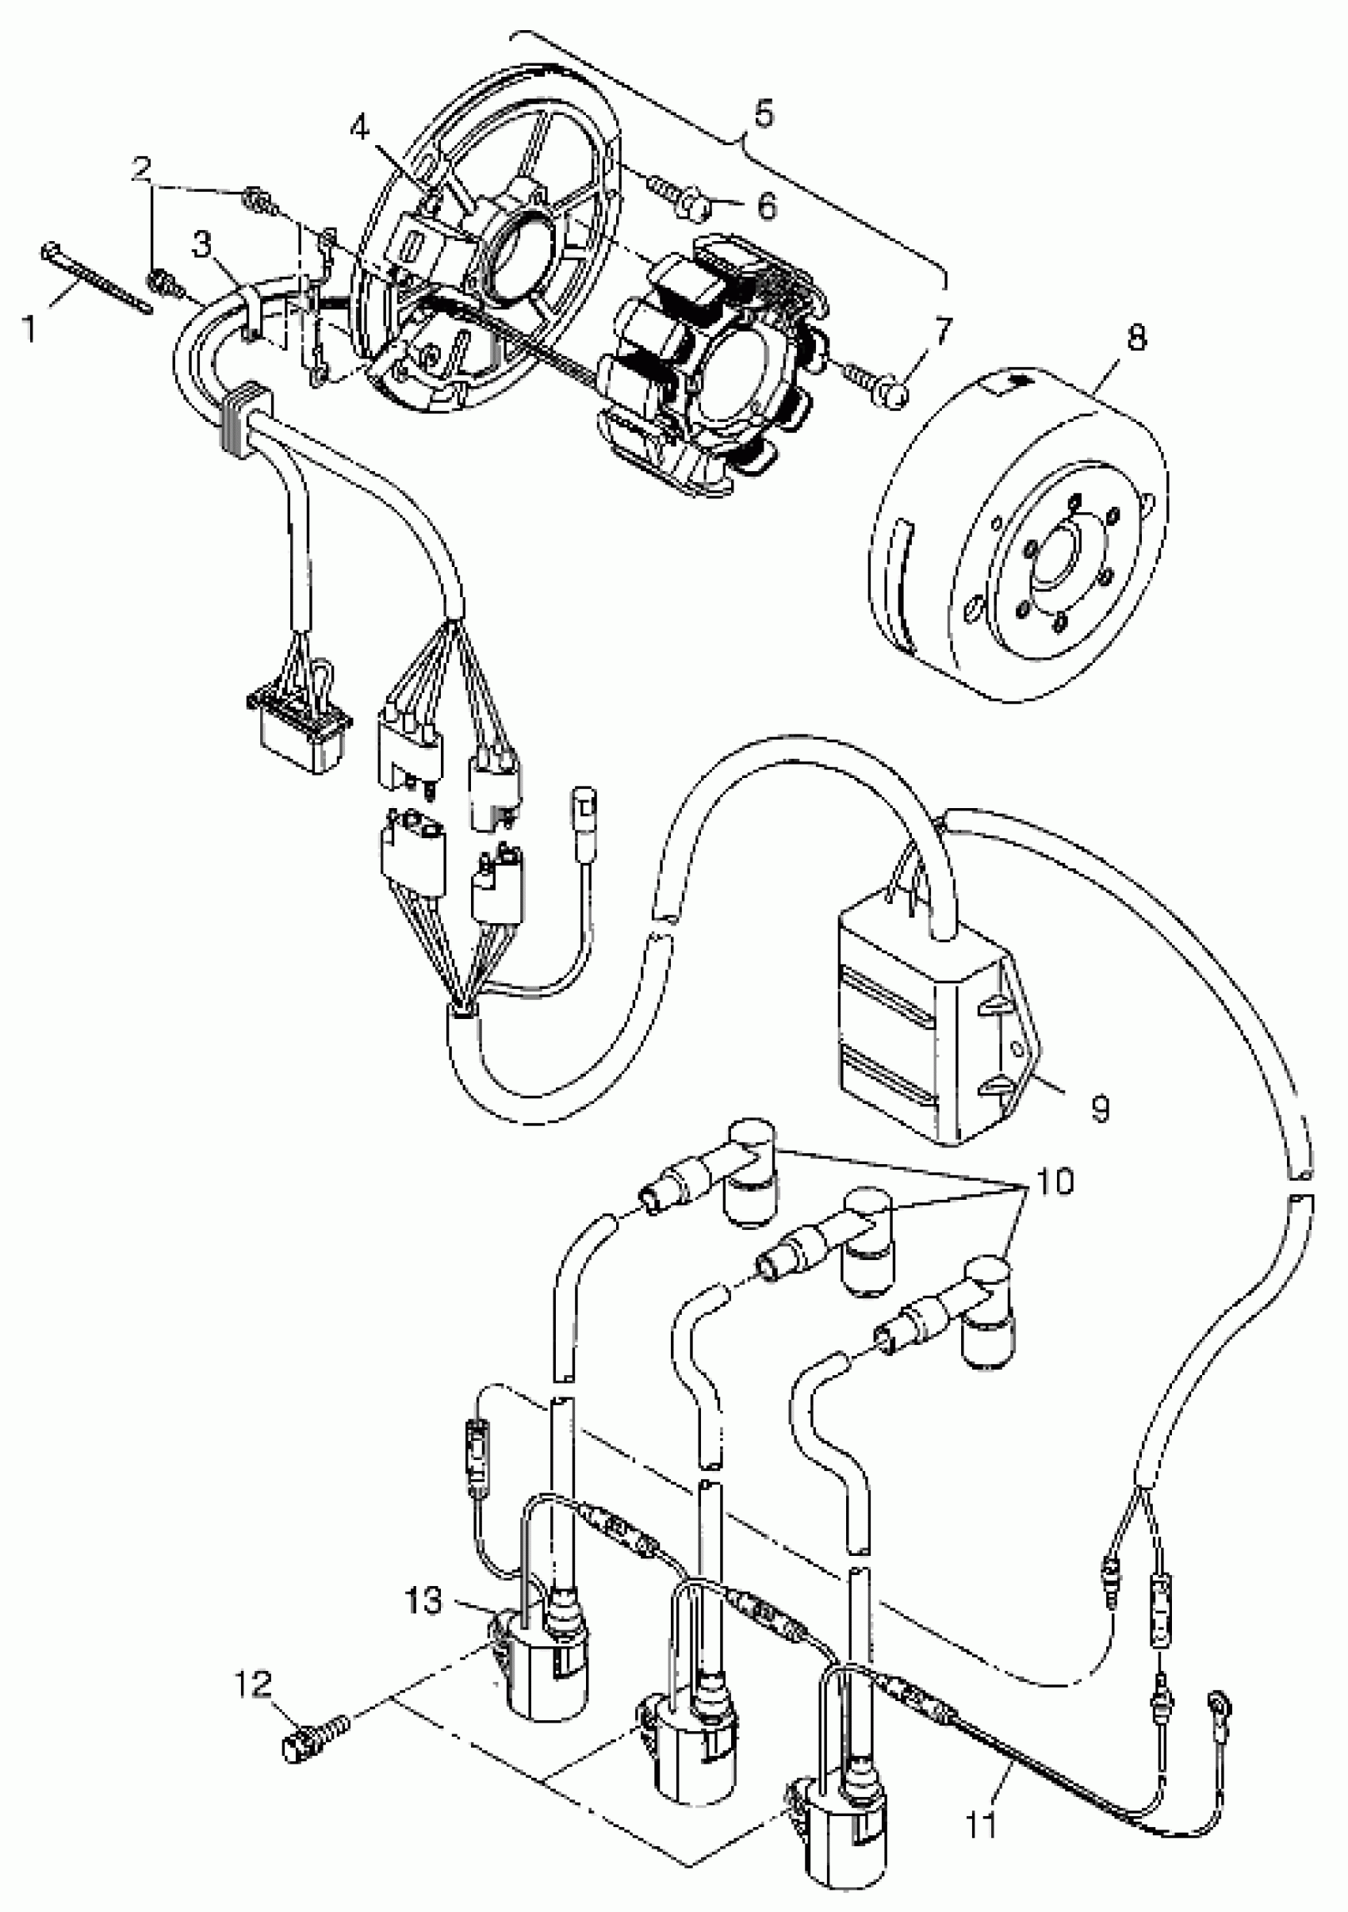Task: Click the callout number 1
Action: (29, 328)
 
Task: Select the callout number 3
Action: (202, 246)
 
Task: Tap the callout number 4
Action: (360, 128)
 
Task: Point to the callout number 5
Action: (763, 113)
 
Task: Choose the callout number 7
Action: (942, 332)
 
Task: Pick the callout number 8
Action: (1135, 338)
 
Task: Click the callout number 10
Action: (1055, 1181)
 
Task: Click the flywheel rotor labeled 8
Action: (1016, 542)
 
